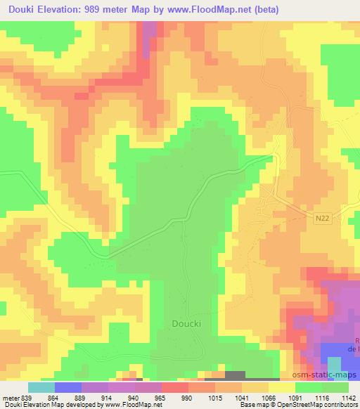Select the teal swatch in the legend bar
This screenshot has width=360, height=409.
(41, 387)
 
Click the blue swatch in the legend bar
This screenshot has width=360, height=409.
(67, 387)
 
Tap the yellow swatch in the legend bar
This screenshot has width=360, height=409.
(281, 387)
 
